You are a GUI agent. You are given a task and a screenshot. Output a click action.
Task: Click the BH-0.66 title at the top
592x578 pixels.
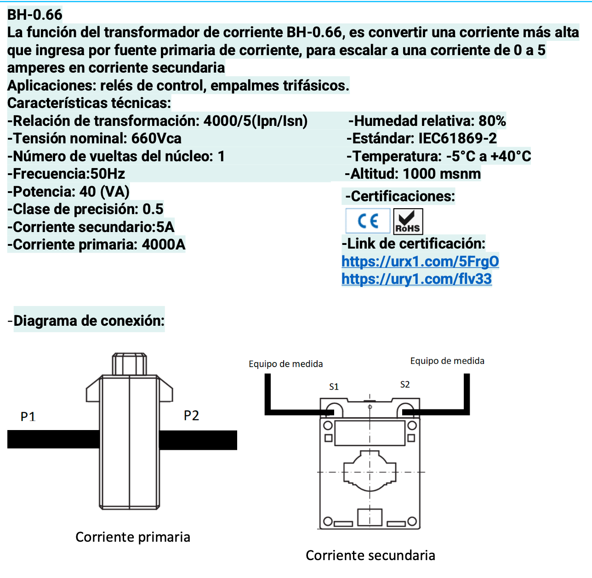pos(35,15)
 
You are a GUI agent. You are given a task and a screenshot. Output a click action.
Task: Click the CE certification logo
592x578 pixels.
pos(368,221)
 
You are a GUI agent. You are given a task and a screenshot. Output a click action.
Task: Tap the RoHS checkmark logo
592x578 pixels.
pos(408,221)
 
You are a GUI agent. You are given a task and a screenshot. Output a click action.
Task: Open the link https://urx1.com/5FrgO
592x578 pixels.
pos(420,261)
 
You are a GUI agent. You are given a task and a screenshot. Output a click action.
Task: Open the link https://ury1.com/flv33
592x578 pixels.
pos(416,279)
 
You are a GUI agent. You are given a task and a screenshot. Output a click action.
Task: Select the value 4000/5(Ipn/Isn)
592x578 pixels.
pos(256,121)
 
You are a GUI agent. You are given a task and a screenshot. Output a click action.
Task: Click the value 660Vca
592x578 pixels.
pos(156,138)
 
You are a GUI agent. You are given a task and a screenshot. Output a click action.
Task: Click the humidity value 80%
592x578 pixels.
pos(492,121)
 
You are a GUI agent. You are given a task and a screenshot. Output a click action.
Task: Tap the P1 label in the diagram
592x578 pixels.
pos(28,416)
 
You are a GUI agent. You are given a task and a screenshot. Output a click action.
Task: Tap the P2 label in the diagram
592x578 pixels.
pos(191,415)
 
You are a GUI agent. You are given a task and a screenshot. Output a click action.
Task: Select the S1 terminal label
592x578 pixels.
pos(334,387)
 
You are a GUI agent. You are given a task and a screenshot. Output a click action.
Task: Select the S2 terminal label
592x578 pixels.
pos(405,385)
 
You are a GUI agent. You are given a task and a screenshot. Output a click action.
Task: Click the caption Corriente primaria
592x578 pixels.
pos(133,537)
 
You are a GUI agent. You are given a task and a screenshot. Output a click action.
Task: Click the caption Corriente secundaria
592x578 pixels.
pos(370,555)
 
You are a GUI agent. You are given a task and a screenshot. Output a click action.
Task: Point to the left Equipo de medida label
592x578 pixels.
pos(285,364)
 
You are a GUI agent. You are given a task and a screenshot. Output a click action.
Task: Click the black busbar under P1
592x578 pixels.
pos(53,439)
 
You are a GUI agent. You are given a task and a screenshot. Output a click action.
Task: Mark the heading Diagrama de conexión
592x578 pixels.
pos(89,320)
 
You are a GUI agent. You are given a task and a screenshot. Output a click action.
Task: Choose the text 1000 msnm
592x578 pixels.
pos(442,174)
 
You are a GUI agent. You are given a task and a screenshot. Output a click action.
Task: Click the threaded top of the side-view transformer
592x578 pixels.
pos(130,363)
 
